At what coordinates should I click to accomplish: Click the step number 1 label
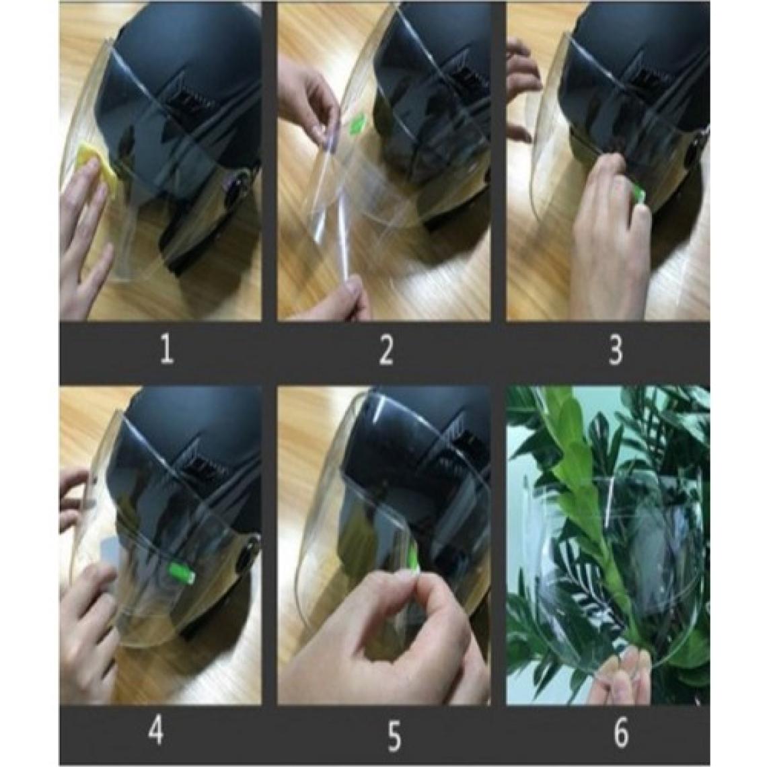point(166,351)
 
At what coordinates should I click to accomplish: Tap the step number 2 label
point(386,351)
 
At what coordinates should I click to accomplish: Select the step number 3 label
point(616,351)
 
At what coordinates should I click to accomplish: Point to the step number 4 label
point(155,731)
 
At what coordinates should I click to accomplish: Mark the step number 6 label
point(620,733)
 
